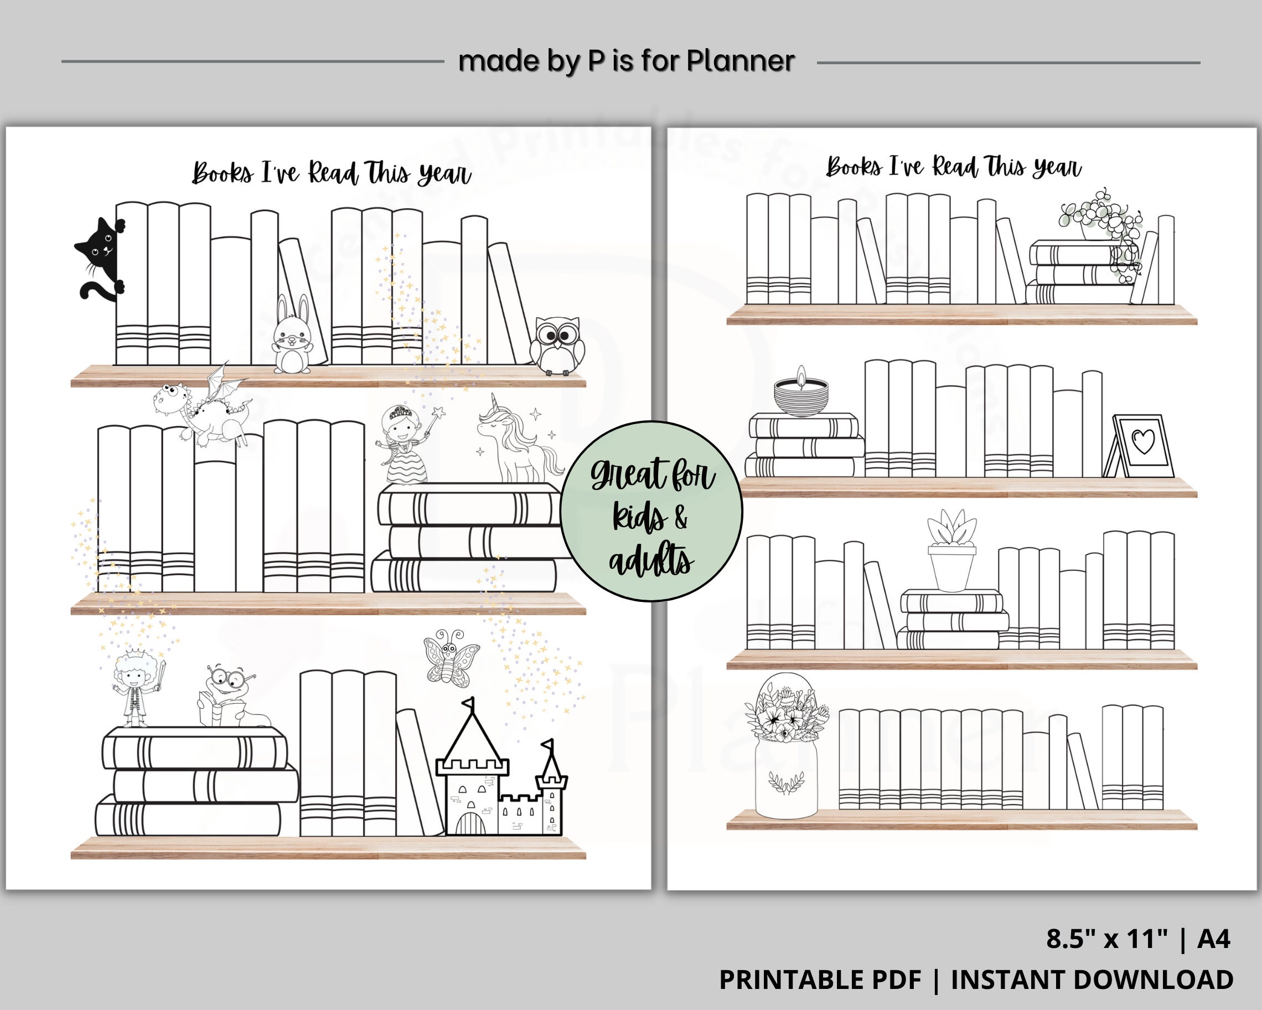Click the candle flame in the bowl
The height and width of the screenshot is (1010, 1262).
point(801,374)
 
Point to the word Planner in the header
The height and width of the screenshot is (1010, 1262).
point(741,61)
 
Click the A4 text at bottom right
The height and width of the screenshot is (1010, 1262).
point(1213,940)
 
